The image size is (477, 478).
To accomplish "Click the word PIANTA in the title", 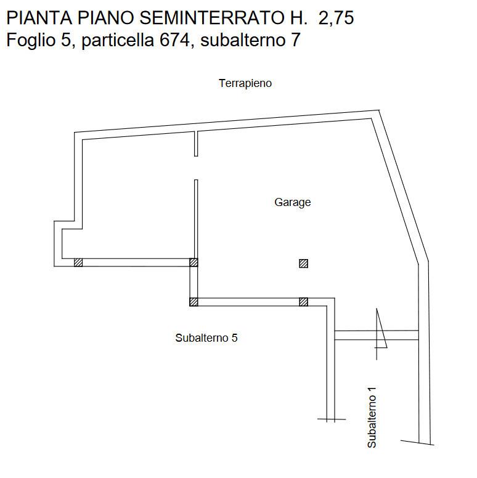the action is (x=39, y=18).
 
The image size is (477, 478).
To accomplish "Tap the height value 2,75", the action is (x=336, y=19).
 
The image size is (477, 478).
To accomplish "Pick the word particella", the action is (x=118, y=41).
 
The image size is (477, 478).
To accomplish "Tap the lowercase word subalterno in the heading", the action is (x=242, y=41).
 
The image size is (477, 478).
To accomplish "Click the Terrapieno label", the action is (x=245, y=83).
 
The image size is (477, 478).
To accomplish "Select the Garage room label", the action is (x=292, y=202).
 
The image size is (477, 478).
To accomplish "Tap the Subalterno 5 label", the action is (x=206, y=338).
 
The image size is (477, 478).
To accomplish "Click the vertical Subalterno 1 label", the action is (x=372, y=418).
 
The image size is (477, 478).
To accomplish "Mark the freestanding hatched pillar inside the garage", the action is (x=303, y=263).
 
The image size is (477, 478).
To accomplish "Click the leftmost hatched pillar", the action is (x=78, y=263).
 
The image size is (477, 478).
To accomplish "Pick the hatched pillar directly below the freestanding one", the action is (x=303, y=302).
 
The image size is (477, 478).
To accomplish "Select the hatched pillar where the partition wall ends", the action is (x=194, y=263).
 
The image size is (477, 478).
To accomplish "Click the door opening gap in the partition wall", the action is (x=196, y=168).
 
